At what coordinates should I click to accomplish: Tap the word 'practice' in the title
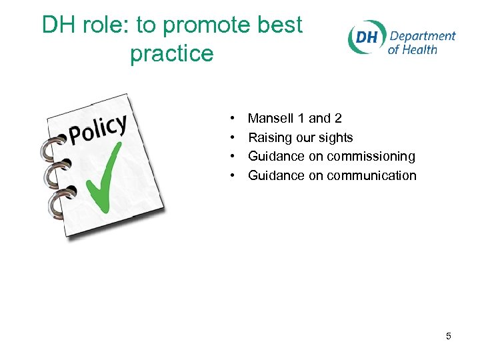point(172,53)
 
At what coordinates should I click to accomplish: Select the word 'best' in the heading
point(279,25)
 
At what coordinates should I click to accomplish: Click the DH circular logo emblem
point(366,37)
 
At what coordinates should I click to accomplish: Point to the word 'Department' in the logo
point(422,36)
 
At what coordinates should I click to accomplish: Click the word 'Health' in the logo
point(421,49)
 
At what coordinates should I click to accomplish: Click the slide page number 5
point(449,336)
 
